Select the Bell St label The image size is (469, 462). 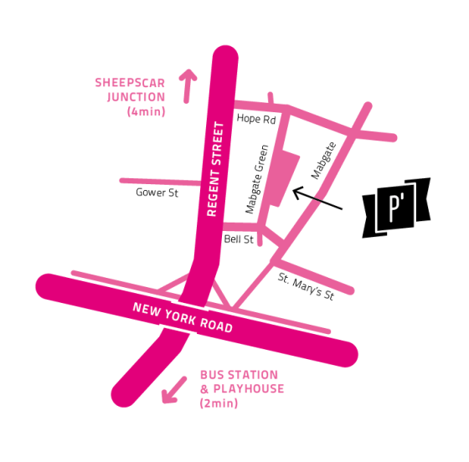(x=238, y=239)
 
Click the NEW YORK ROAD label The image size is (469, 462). (x=183, y=317)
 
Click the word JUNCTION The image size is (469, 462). (x=137, y=96)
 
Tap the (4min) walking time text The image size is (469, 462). (x=147, y=111)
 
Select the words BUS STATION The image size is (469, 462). (x=239, y=375)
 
